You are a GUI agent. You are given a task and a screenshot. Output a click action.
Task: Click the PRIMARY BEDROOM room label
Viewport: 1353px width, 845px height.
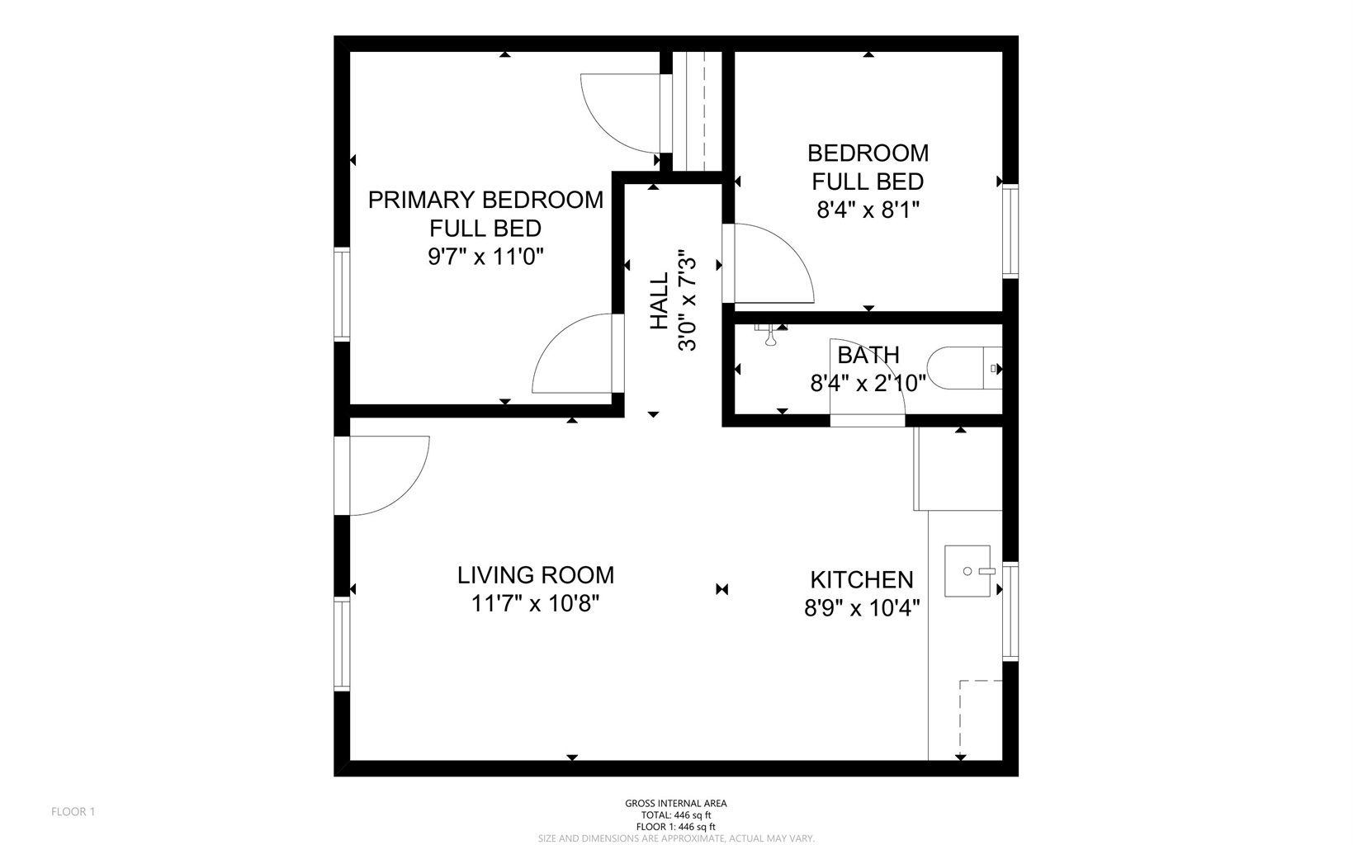(485, 200)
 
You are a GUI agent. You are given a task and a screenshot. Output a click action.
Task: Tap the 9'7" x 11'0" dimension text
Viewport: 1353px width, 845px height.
(485, 257)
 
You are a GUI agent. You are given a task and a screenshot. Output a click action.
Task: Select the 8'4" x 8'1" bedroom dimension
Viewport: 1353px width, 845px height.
(868, 210)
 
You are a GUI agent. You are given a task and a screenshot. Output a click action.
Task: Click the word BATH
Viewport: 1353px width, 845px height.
(868, 355)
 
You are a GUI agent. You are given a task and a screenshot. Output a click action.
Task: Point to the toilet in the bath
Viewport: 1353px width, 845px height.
(962, 368)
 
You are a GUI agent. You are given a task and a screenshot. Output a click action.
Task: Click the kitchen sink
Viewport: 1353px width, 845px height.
(967, 570)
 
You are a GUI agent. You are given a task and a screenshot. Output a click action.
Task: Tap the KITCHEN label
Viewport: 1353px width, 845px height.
(862, 579)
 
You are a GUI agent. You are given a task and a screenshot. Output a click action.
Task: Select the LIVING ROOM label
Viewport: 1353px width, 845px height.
(536, 575)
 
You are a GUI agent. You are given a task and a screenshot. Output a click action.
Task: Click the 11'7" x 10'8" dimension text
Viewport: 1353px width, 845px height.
(535, 604)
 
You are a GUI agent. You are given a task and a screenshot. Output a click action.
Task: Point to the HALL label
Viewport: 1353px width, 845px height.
(659, 302)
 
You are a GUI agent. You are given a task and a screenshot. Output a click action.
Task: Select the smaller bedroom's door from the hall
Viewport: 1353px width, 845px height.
(768, 262)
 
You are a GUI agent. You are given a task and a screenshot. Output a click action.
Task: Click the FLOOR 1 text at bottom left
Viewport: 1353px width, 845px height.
(73, 811)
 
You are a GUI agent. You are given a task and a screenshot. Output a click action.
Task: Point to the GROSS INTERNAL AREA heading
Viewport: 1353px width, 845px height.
(675, 803)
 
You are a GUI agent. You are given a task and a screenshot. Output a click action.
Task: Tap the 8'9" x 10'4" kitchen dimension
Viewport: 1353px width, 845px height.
(862, 608)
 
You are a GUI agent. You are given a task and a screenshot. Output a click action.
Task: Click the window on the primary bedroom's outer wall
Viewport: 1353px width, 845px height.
(341, 294)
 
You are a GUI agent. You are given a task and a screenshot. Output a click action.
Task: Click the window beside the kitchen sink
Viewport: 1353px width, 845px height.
(1010, 611)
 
